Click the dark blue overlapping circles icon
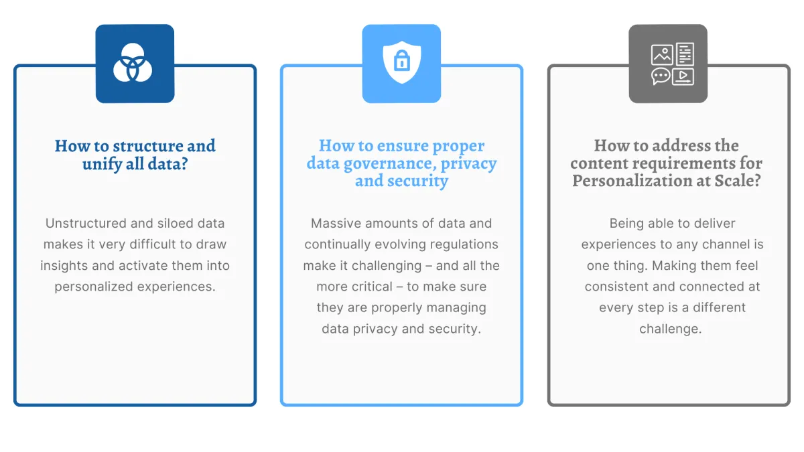click(x=133, y=63)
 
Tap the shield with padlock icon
click(x=401, y=62)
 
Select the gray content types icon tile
click(x=668, y=64)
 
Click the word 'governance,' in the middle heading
click(x=390, y=163)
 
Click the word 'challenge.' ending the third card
click(x=671, y=329)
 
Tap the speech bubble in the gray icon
click(x=661, y=76)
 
